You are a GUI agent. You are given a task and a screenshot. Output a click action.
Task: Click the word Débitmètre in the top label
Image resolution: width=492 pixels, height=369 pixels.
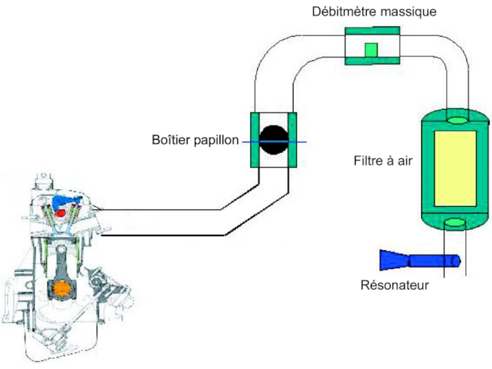[x=340, y=12]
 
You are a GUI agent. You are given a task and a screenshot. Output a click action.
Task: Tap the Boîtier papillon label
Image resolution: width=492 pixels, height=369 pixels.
[x=194, y=140]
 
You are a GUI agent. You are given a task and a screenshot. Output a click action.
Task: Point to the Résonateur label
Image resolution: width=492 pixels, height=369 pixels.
[x=395, y=285]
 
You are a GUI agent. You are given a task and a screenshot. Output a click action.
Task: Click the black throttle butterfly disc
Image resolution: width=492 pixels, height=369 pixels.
[x=274, y=140]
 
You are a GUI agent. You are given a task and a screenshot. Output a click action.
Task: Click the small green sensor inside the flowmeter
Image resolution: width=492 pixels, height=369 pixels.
[x=370, y=50]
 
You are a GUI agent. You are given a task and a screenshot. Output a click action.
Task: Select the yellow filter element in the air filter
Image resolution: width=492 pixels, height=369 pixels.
[x=454, y=168]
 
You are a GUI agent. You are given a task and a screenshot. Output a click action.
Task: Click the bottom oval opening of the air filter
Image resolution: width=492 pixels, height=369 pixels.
[x=456, y=222]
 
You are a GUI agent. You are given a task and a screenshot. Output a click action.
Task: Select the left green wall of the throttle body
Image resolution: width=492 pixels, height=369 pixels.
[x=254, y=140]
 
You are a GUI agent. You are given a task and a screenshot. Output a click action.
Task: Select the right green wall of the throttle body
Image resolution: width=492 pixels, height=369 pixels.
[x=293, y=140]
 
